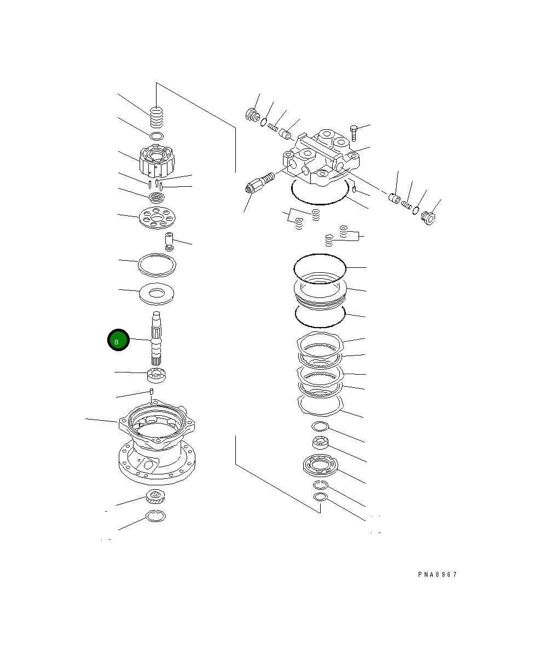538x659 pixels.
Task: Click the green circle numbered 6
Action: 118,340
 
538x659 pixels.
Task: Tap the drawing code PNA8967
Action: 437,574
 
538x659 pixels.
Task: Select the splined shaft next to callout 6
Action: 156,338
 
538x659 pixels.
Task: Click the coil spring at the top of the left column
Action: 157,117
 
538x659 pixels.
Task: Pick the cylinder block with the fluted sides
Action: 157,161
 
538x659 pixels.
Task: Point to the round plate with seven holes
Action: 157,218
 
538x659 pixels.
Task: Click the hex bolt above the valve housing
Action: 354,133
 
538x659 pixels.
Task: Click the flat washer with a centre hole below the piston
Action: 157,294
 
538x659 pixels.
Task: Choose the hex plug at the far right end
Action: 428,218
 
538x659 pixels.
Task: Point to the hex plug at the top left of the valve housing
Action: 252,114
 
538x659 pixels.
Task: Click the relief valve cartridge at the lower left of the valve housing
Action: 260,183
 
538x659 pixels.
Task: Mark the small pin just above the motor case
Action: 152,391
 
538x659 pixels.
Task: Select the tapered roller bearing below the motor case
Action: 155,496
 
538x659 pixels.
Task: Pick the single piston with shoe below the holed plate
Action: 169,241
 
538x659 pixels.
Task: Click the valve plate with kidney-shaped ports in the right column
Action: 320,465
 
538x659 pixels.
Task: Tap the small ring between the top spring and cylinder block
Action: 157,136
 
